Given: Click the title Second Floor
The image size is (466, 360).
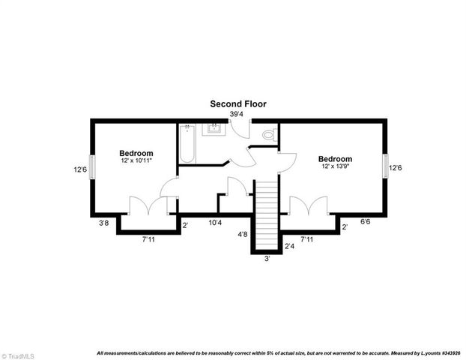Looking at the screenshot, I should (237, 103).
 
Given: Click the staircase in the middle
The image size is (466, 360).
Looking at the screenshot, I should (267, 214).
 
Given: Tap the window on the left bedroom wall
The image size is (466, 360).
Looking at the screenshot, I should (93, 166).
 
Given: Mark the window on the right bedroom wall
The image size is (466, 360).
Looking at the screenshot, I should (385, 166).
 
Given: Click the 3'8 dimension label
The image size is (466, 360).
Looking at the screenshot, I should (104, 223).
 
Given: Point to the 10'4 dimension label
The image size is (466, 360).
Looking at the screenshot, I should (215, 223).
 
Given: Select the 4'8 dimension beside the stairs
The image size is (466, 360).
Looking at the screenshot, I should (243, 235).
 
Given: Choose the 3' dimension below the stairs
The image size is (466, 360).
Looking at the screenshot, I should (267, 259).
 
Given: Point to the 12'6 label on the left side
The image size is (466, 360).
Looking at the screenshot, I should (80, 169).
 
